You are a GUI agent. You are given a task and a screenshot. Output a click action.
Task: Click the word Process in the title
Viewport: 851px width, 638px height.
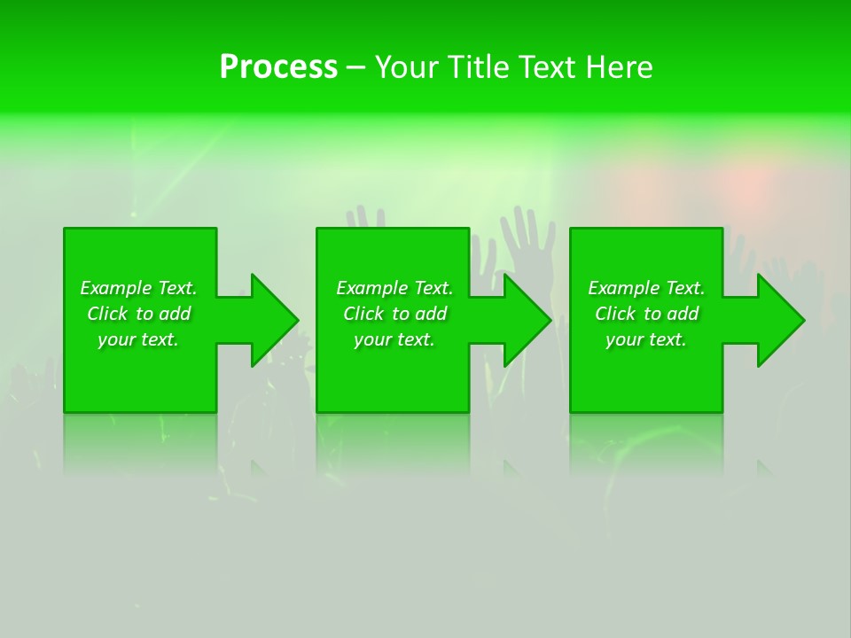[x=278, y=67]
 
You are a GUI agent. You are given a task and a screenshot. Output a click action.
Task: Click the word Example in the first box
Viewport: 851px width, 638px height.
[x=115, y=288]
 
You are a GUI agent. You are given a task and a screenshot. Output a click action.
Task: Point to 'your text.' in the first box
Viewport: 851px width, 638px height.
[x=138, y=339]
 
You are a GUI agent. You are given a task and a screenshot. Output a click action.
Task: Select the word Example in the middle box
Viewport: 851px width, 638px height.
[x=371, y=288]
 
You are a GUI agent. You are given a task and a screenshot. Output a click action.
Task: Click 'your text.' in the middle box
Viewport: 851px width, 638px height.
[x=394, y=339]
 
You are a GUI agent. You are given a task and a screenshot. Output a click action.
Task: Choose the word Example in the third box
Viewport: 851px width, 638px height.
[x=623, y=288]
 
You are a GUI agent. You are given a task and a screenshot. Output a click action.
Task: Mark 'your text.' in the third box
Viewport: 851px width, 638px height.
[x=646, y=339]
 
